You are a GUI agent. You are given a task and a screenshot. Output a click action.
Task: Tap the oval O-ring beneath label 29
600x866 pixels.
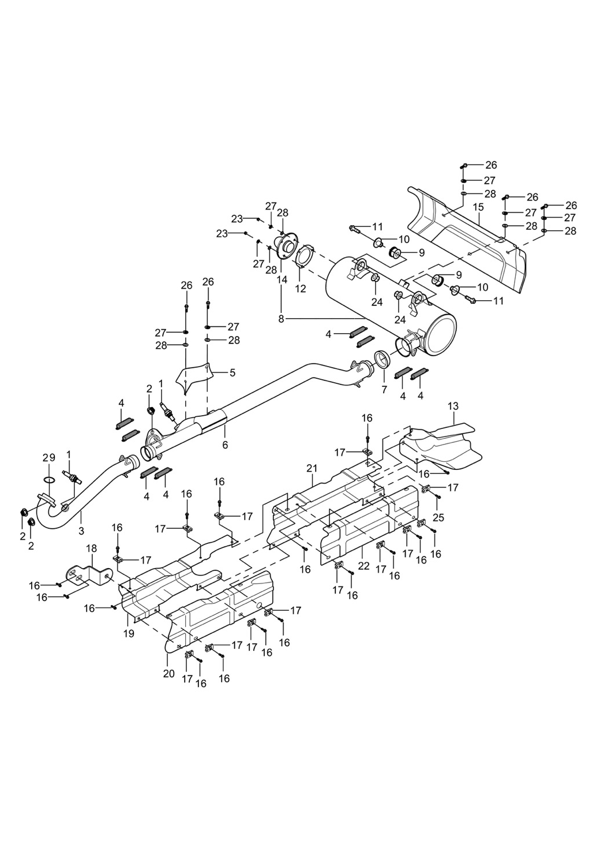tap(50, 479)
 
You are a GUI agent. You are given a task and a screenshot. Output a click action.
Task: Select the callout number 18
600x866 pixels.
tap(91, 548)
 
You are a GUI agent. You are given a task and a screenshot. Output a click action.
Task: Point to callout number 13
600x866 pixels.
tap(453, 406)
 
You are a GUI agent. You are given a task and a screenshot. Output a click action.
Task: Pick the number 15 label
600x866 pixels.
tap(478, 206)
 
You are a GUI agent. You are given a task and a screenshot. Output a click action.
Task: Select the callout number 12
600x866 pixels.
tap(301, 289)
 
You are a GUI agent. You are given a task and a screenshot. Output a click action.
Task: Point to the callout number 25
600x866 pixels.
tap(438, 517)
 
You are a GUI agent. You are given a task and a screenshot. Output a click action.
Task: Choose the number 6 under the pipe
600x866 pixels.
tap(225, 445)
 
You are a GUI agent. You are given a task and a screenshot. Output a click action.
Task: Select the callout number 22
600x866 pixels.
tap(363, 567)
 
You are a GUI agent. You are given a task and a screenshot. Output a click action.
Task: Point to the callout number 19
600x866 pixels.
tap(129, 633)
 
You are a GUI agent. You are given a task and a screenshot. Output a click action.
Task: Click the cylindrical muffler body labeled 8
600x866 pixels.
tap(392, 300)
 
